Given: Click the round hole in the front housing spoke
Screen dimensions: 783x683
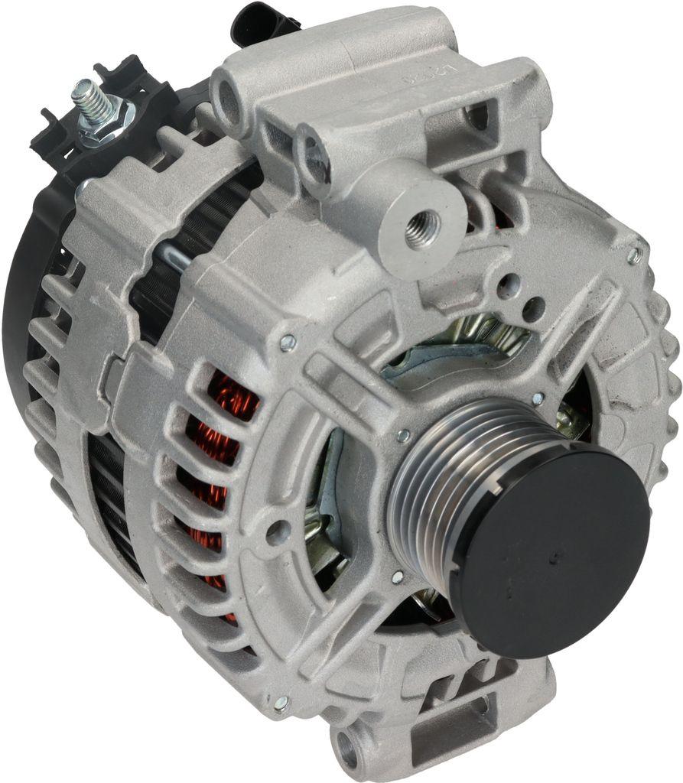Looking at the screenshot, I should [277, 529].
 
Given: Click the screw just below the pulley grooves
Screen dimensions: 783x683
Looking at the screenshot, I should [398, 577].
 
